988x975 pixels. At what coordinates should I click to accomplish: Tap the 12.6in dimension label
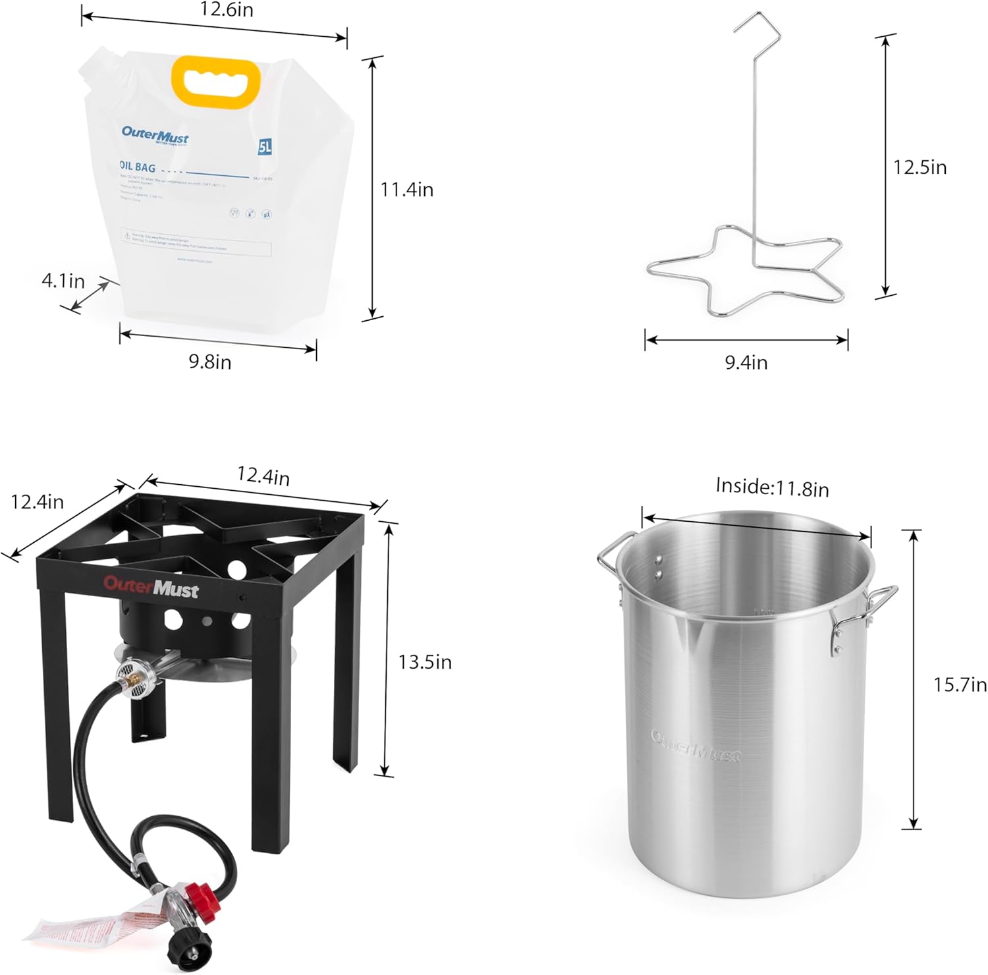pos(227,10)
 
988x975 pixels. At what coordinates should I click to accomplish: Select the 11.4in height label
pos(406,190)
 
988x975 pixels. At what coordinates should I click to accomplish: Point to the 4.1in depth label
pos(63,281)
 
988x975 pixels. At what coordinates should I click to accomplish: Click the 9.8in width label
pos(210,362)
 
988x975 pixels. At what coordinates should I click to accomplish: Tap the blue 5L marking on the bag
pos(265,146)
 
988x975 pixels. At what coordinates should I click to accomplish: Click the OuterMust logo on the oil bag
pos(155,135)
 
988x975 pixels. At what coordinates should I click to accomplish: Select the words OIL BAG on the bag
pos(138,168)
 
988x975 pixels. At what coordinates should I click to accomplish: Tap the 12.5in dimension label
pos(919,167)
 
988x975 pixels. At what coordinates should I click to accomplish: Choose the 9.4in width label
pos(746,362)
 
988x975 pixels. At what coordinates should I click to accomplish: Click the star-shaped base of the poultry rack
pos(746,270)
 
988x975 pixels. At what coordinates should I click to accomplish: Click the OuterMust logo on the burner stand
pos(151,586)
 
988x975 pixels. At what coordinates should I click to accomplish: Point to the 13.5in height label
pos(425,661)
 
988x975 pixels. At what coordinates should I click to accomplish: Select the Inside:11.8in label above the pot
pos(772,487)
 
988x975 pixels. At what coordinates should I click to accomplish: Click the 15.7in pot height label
pos(960,685)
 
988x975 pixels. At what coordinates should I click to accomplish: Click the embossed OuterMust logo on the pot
pos(696,746)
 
